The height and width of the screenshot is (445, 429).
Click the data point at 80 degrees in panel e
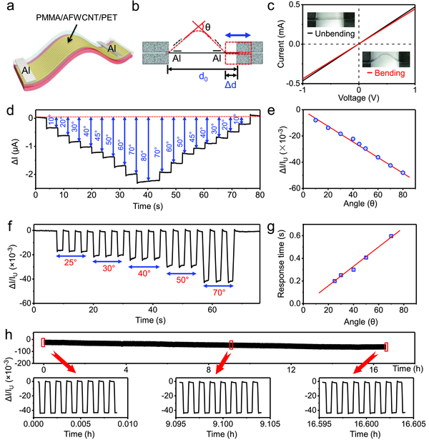click(403, 173)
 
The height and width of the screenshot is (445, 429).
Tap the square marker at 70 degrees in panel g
click(391, 236)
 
